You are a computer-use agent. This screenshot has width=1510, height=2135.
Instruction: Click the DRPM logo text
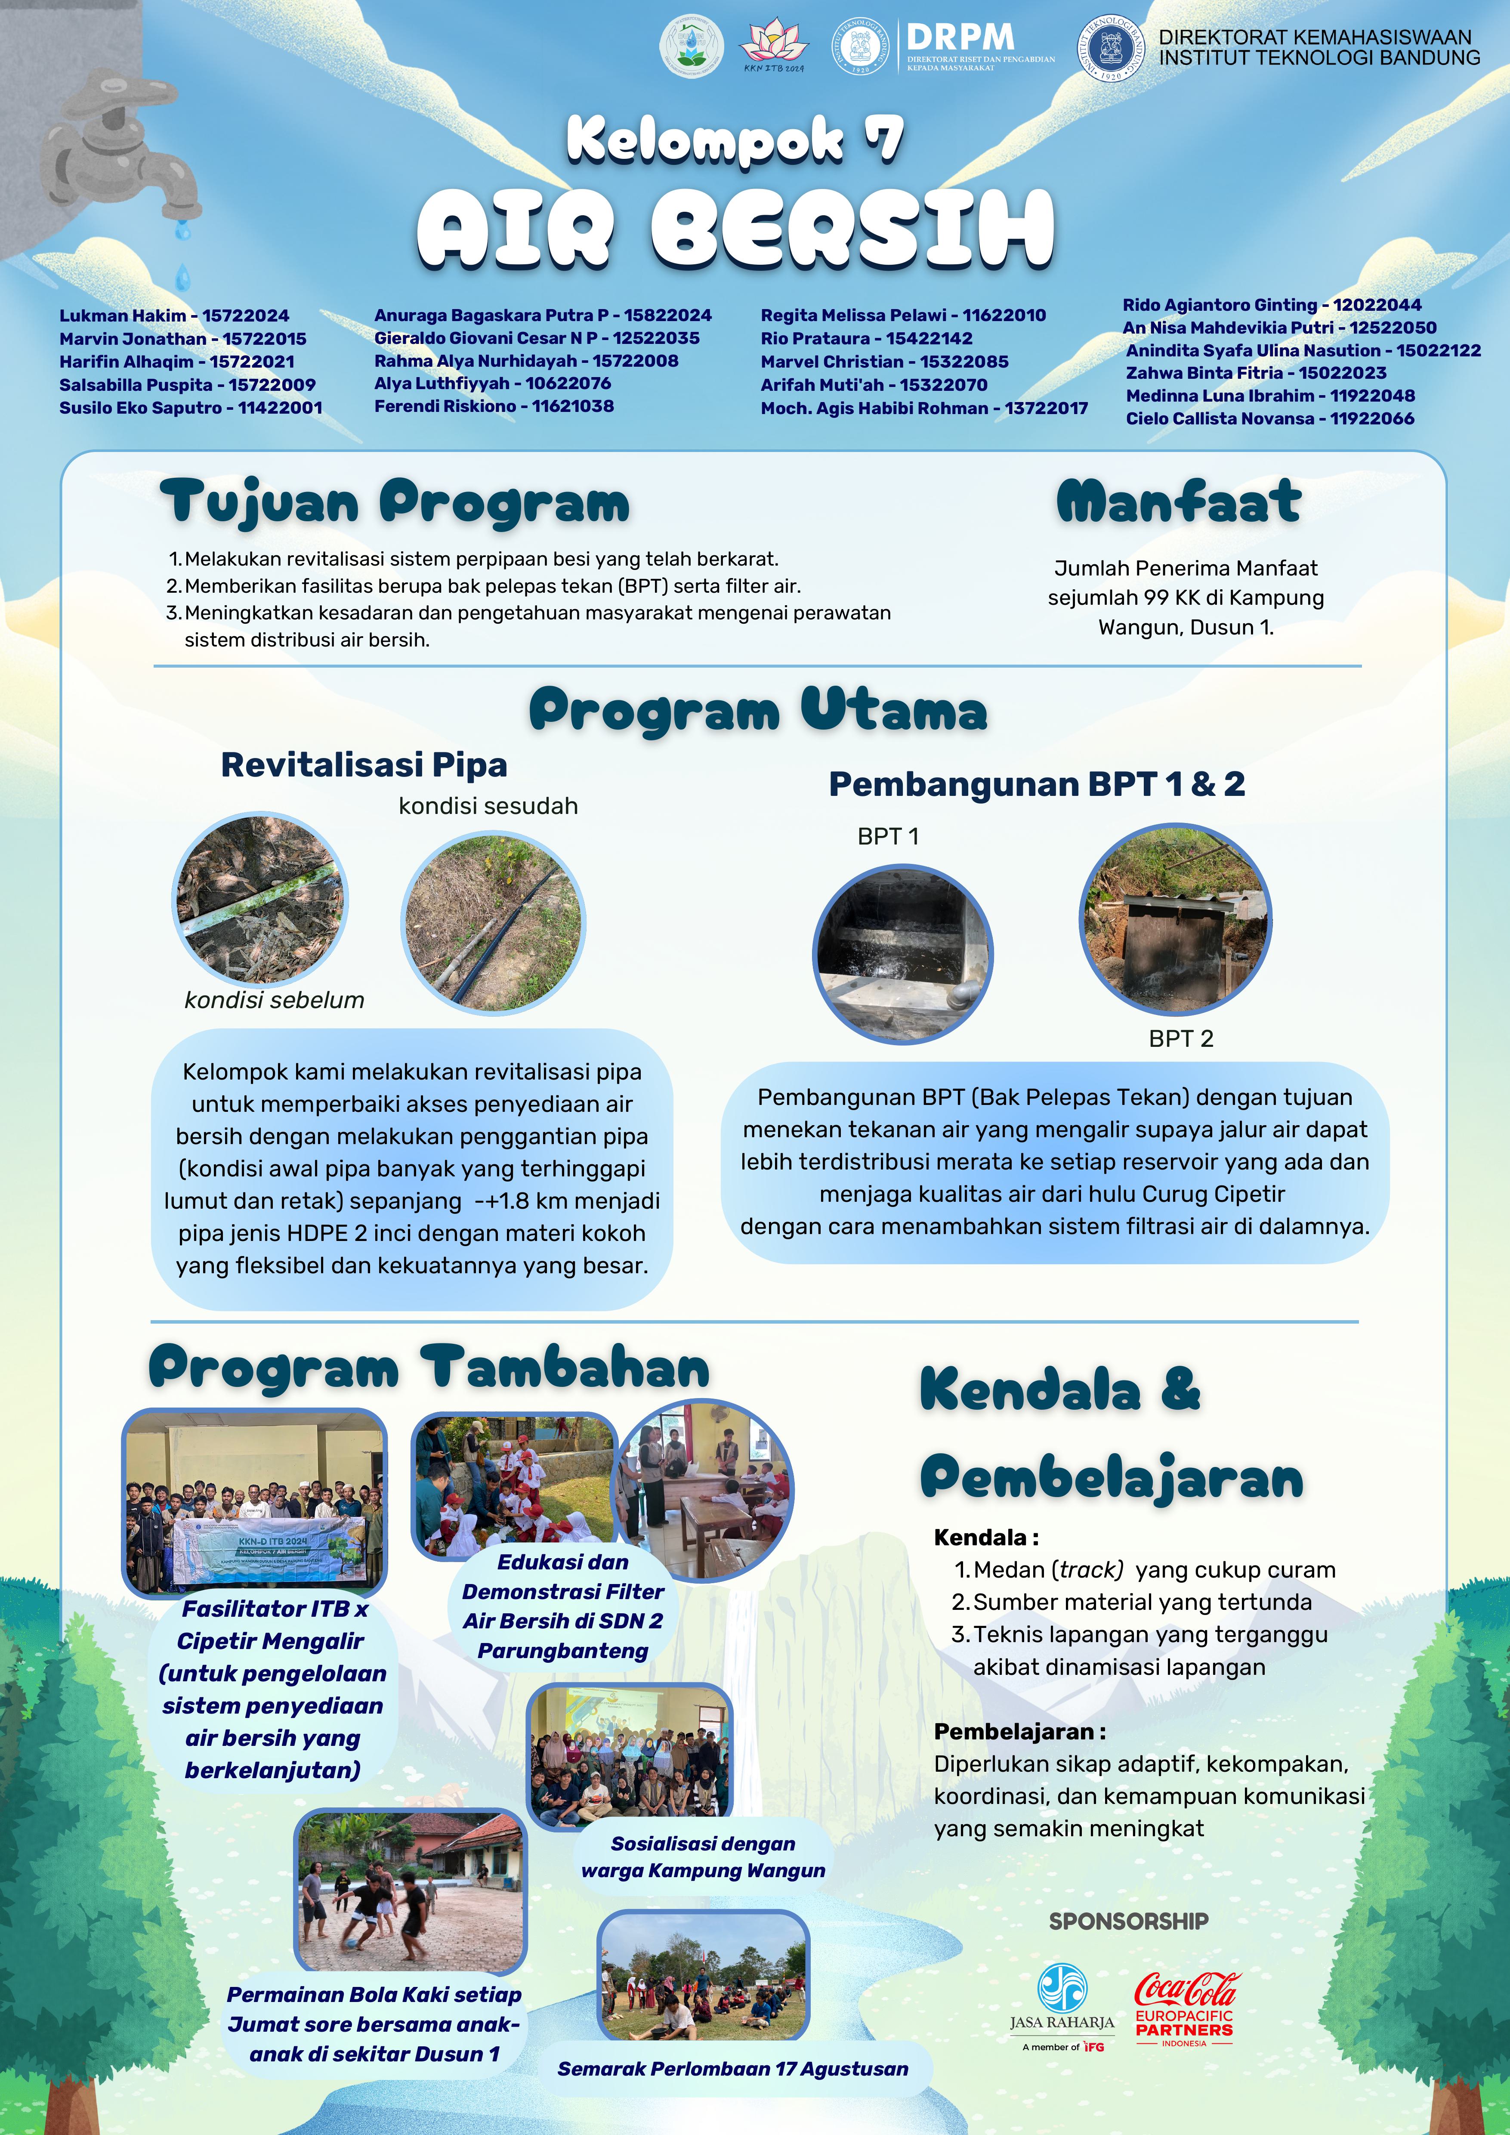coord(960,38)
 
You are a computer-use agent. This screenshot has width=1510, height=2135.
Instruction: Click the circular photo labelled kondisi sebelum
coord(260,898)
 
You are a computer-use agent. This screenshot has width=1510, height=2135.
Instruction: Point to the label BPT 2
coord(1181,1039)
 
